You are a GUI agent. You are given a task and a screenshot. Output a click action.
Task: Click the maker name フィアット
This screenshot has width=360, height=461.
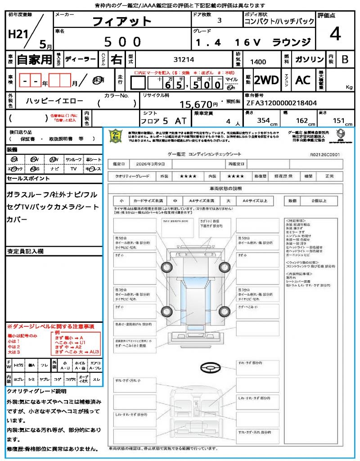click(122, 21)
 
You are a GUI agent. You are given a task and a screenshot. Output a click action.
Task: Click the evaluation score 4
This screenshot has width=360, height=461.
click(334, 34)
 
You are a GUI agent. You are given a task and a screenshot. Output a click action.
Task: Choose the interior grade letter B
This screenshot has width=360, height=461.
click(345, 59)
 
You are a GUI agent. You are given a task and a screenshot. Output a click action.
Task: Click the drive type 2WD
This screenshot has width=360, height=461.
click(266, 80)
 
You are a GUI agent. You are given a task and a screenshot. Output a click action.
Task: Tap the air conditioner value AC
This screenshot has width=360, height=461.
click(303, 80)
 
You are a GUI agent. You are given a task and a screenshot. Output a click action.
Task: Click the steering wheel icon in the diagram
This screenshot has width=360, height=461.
click(210, 368)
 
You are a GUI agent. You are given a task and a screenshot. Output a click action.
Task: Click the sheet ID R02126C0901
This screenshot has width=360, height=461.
click(325, 154)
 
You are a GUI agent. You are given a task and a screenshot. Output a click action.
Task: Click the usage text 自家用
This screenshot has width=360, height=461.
click(34, 59)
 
